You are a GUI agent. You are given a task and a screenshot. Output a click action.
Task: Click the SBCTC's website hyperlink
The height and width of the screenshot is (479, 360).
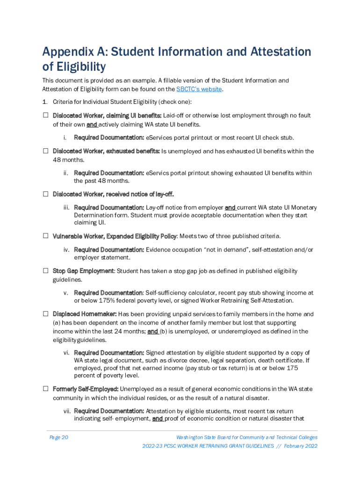click(199, 89)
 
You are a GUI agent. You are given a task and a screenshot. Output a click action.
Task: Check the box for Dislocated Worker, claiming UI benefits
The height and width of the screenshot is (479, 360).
click(46, 115)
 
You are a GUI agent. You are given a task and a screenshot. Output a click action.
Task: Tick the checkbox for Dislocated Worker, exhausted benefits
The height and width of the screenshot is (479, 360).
click(46, 151)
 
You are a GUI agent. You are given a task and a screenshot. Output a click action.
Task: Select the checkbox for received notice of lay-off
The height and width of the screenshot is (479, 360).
click(46, 194)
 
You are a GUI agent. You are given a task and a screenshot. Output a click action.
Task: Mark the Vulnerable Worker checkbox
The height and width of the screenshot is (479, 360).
click(46, 236)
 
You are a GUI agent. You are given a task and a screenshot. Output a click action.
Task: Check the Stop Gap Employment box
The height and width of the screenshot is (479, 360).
click(46, 271)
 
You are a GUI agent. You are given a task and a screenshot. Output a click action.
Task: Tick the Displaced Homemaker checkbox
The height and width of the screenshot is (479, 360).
click(46, 314)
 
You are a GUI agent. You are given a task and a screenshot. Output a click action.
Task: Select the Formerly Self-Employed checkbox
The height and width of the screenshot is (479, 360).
click(46, 389)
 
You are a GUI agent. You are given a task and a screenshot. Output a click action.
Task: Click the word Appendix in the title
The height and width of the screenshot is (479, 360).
click(70, 52)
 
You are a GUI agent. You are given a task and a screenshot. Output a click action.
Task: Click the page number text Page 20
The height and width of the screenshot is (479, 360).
click(59, 437)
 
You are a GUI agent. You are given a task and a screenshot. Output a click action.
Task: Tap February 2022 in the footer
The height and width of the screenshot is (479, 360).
click(301, 446)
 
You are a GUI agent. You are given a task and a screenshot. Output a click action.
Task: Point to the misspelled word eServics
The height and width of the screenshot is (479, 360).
click(160, 173)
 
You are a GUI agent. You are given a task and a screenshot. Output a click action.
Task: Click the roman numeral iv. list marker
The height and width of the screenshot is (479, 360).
click(66, 250)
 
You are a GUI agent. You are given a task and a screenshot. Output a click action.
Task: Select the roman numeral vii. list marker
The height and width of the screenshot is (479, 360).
click(66, 411)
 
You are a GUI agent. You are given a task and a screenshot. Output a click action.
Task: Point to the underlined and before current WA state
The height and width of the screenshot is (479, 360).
click(230, 207)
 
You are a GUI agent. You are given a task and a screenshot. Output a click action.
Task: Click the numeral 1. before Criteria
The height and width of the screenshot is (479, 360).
click(45, 102)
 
